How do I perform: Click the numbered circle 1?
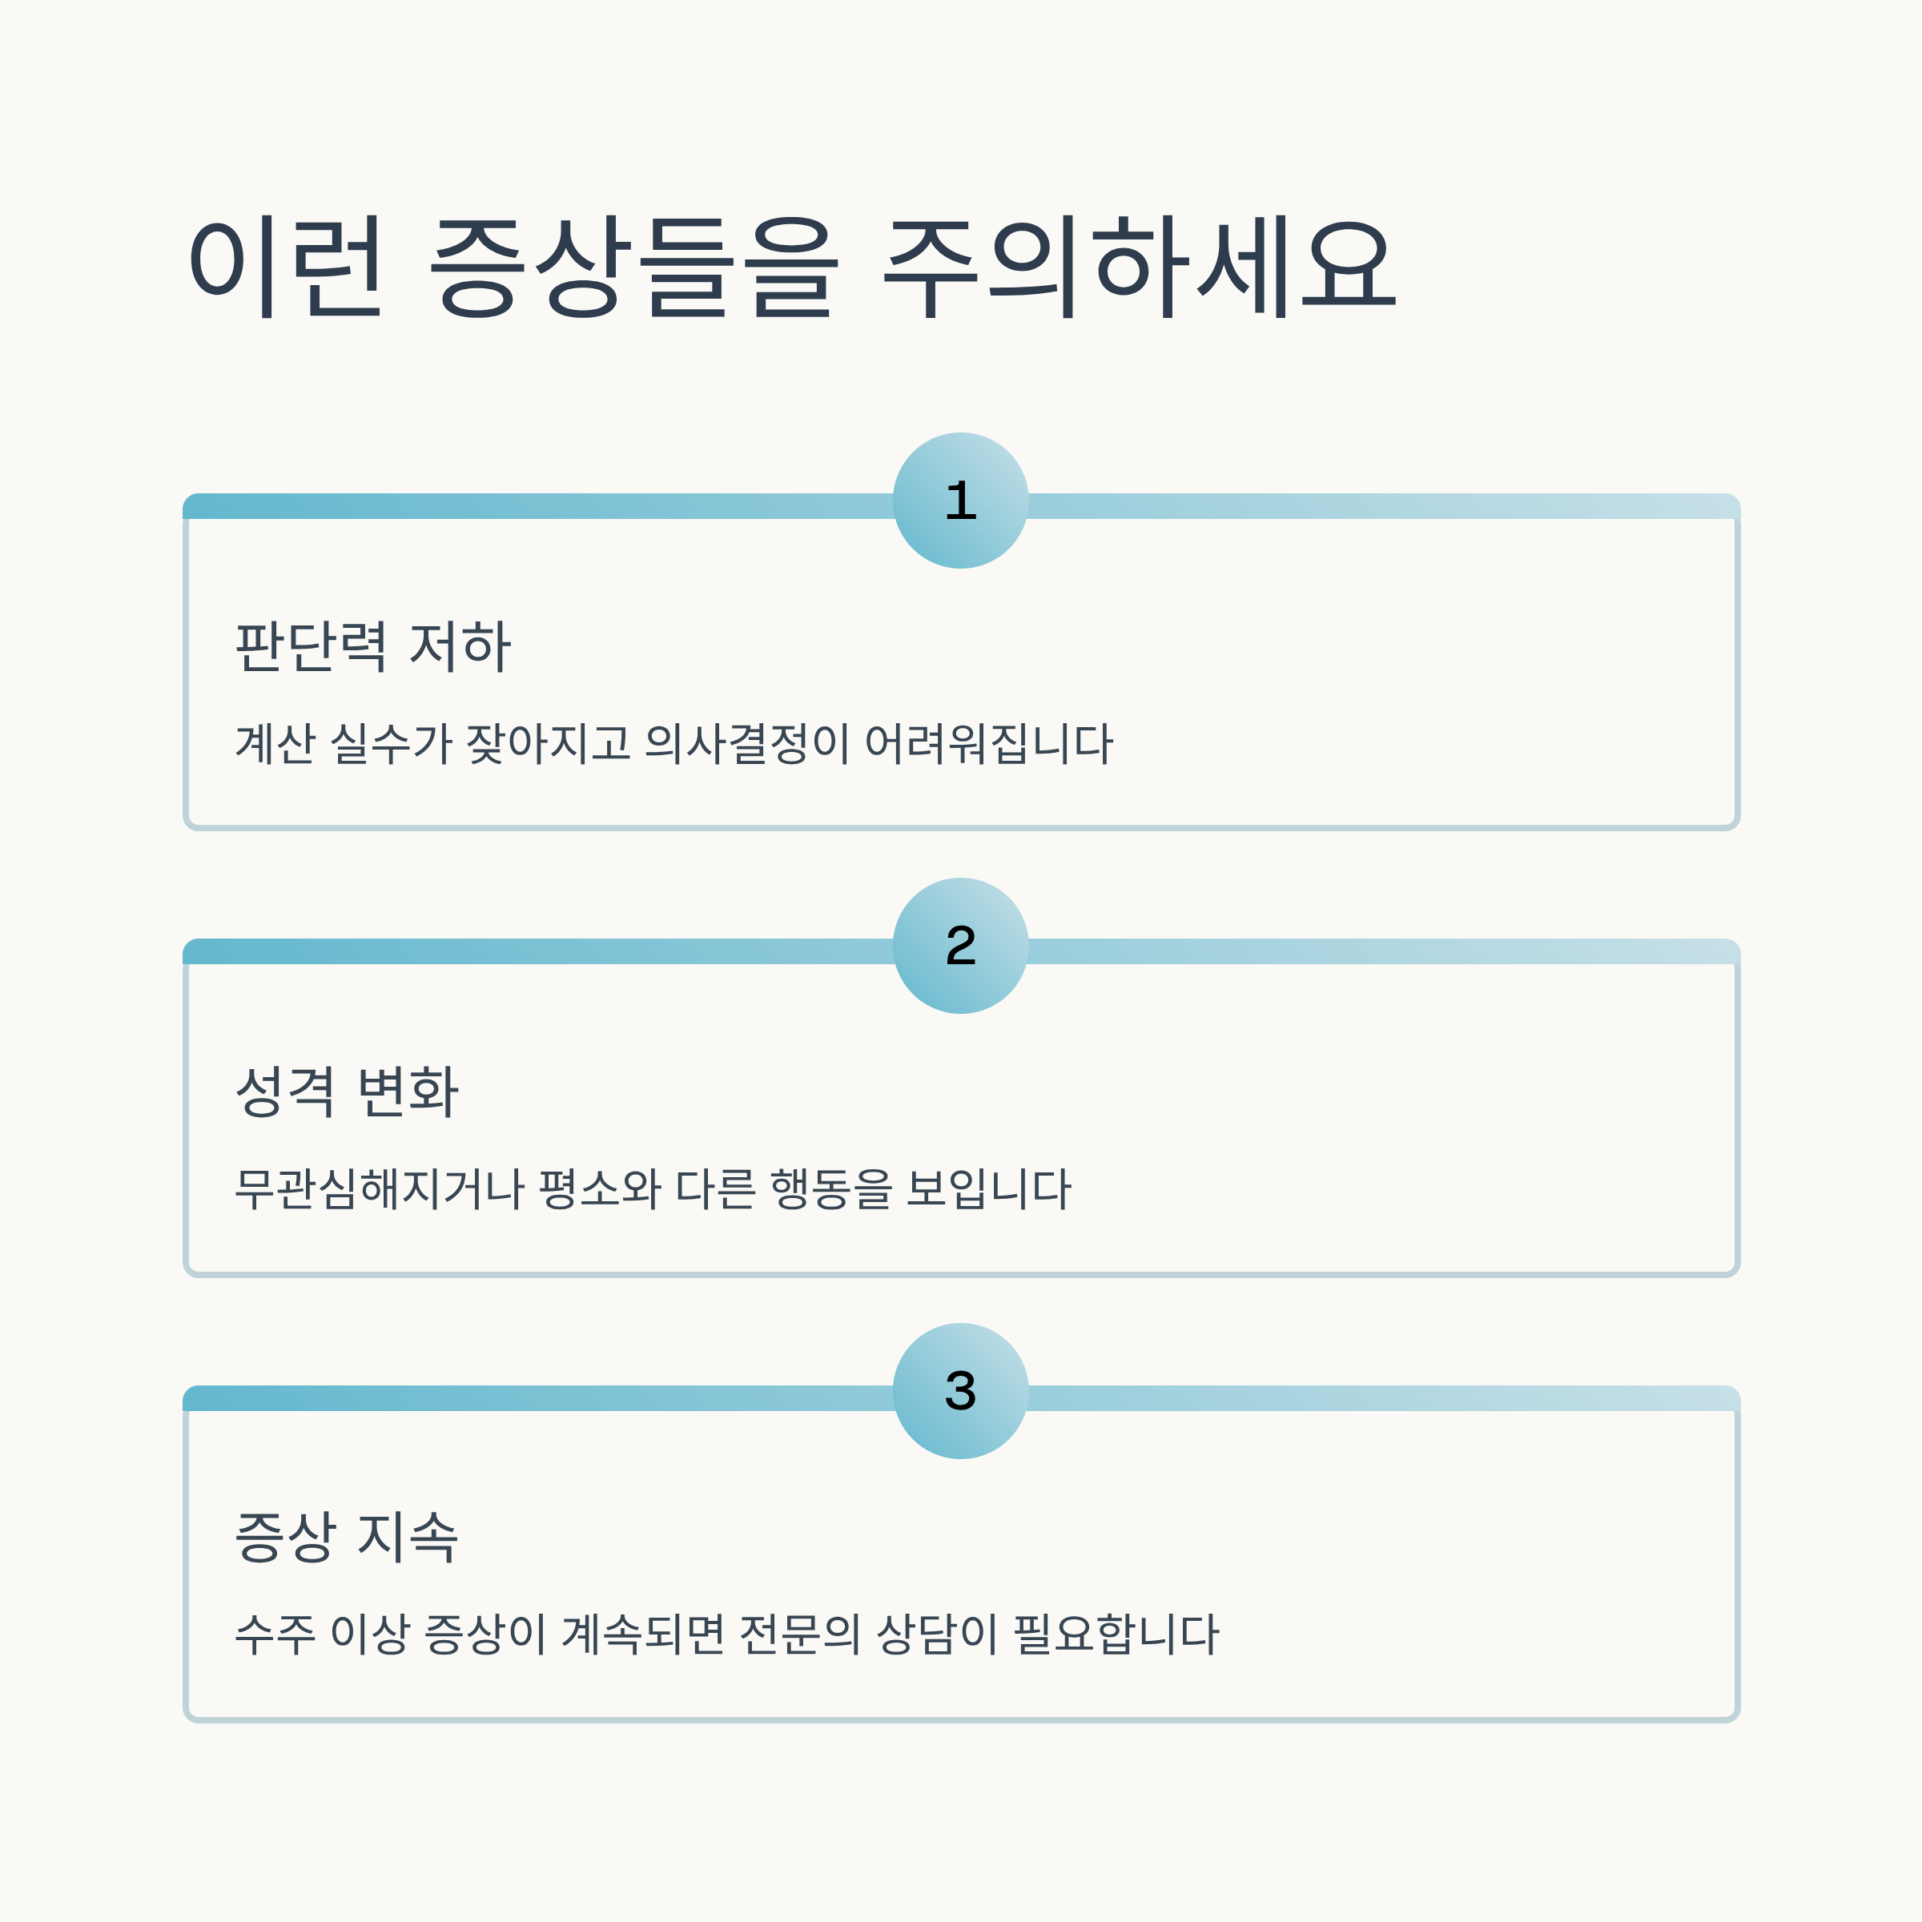pyautogui.click(x=960, y=501)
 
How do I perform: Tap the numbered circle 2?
pyautogui.click(x=960, y=945)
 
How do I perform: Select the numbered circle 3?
pyautogui.click(x=960, y=1391)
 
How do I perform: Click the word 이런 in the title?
pyautogui.click(x=286, y=267)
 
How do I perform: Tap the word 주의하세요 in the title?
pyautogui.click(x=1140, y=267)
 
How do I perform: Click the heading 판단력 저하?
pyautogui.click(x=373, y=646)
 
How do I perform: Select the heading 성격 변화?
pyautogui.click(x=346, y=1092)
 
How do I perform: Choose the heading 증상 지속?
pyautogui.click(x=346, y=1537)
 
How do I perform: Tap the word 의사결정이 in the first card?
pyautogui.click(x=747, y=743)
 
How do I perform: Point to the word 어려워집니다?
pyautogui.click(x=989, y=743)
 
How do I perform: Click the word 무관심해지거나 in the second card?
pyautogui.click(x=379, y=1188)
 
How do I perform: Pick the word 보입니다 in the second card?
pyautogui.click(x=989, y=1188)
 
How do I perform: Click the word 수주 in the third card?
pyautogui.click(x=275, y=1634)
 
